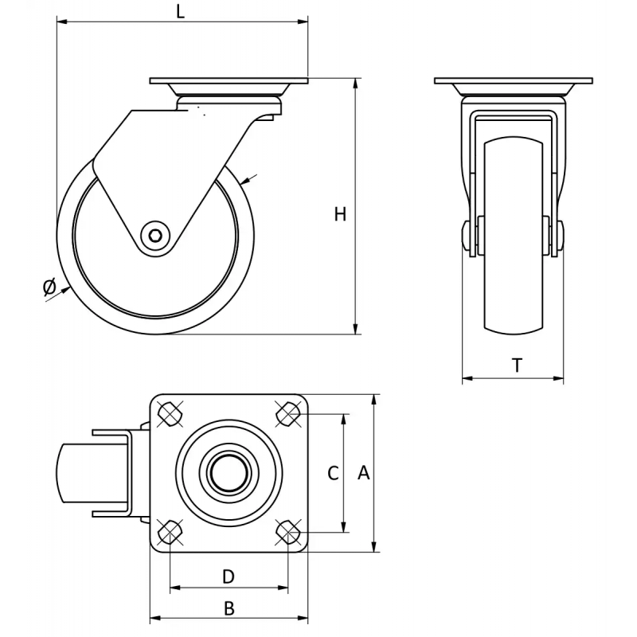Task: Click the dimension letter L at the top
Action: click(x=181, y=11)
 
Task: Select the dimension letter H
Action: click(x=340, y=214)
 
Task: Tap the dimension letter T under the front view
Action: click(x=517, y=365)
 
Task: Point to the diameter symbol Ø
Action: click(x=49, y=287)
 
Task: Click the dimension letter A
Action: click(x=364, y=472)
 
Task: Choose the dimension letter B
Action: click(x=229, y=608)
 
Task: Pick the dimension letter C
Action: click(x=333, y=473)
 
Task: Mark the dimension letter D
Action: click(x=229, y=576)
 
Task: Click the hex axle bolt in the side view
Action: click(x=156, y=236)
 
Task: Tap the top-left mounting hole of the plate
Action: click(x=170, y=414)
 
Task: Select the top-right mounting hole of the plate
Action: click(x=288, y=414)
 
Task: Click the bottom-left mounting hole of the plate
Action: click(x=170, y=532)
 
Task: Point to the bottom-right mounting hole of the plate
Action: click(x=288, y=532)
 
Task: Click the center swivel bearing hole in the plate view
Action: click(x=229, y=473)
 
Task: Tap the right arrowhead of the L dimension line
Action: click(x=303, y=21)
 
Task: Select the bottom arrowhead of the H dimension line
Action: click(x=356, y=329)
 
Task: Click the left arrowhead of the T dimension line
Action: click(x=467, y=379)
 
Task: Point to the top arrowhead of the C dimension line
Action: click(x=345, y=420)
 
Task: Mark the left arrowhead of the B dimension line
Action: click(x=155, y=619)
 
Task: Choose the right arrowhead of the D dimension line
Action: click(x=283, y=588)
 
